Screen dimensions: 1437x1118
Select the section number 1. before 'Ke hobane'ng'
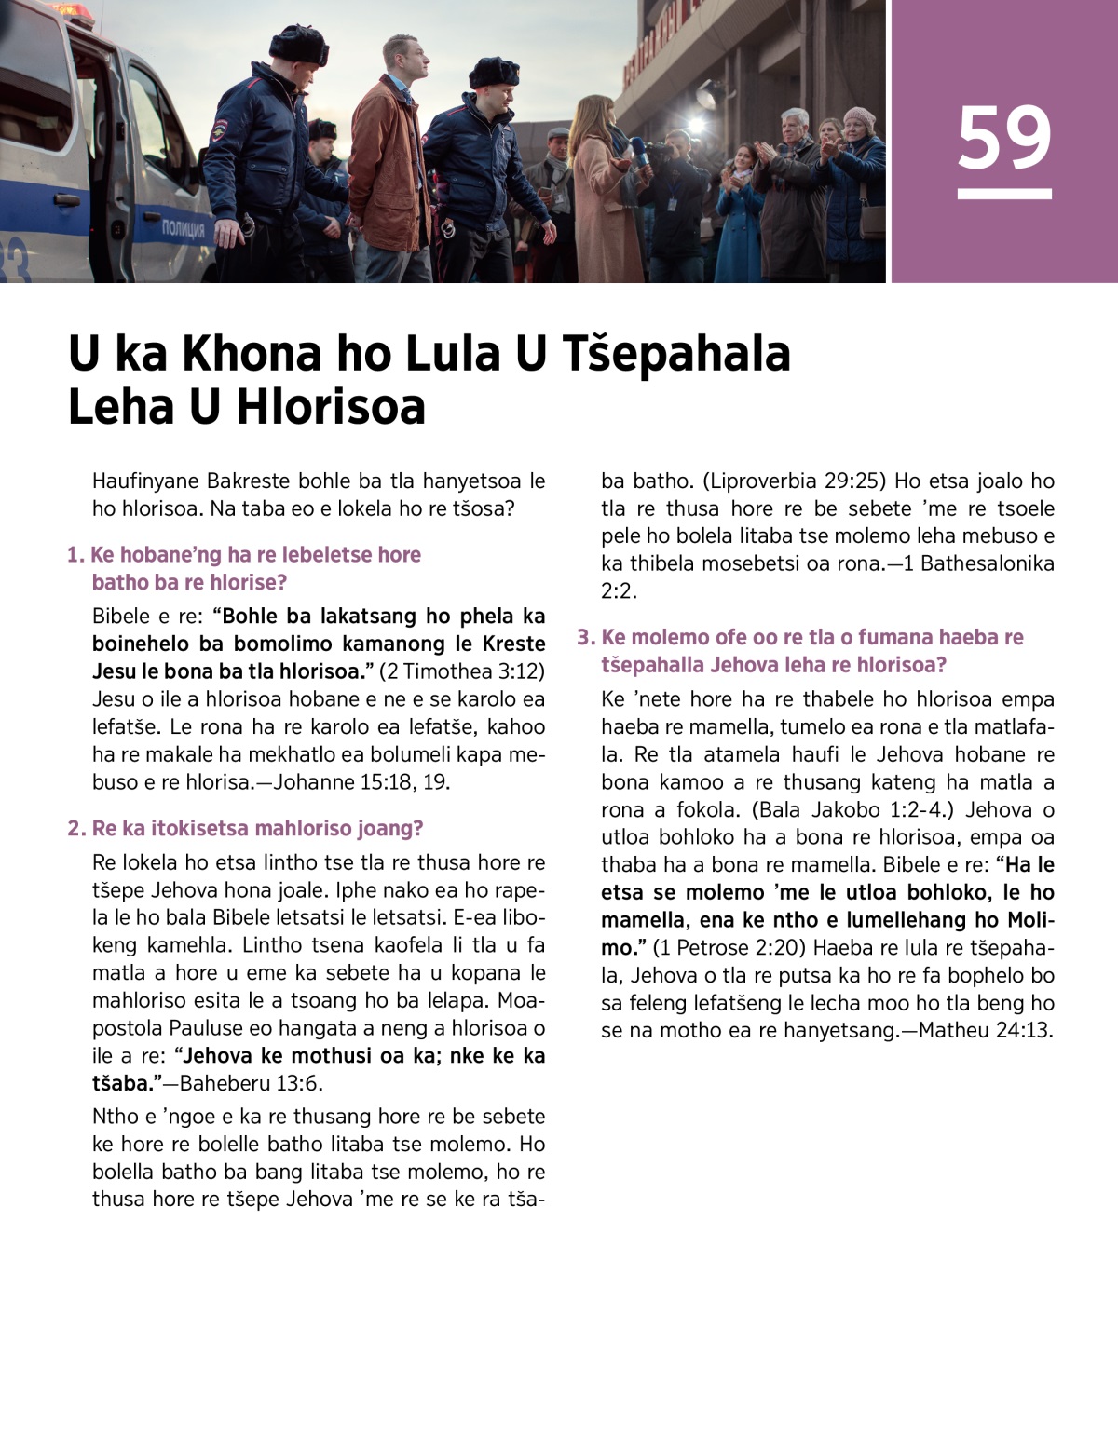[x=75, y=555]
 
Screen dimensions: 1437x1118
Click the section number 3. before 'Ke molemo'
[x=586, y=638]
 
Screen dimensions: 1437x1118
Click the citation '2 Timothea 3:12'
[x=462, y=671]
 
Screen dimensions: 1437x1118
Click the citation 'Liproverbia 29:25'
[x=797, y=481]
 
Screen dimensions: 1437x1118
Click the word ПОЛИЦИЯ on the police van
[x=183, y=228]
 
